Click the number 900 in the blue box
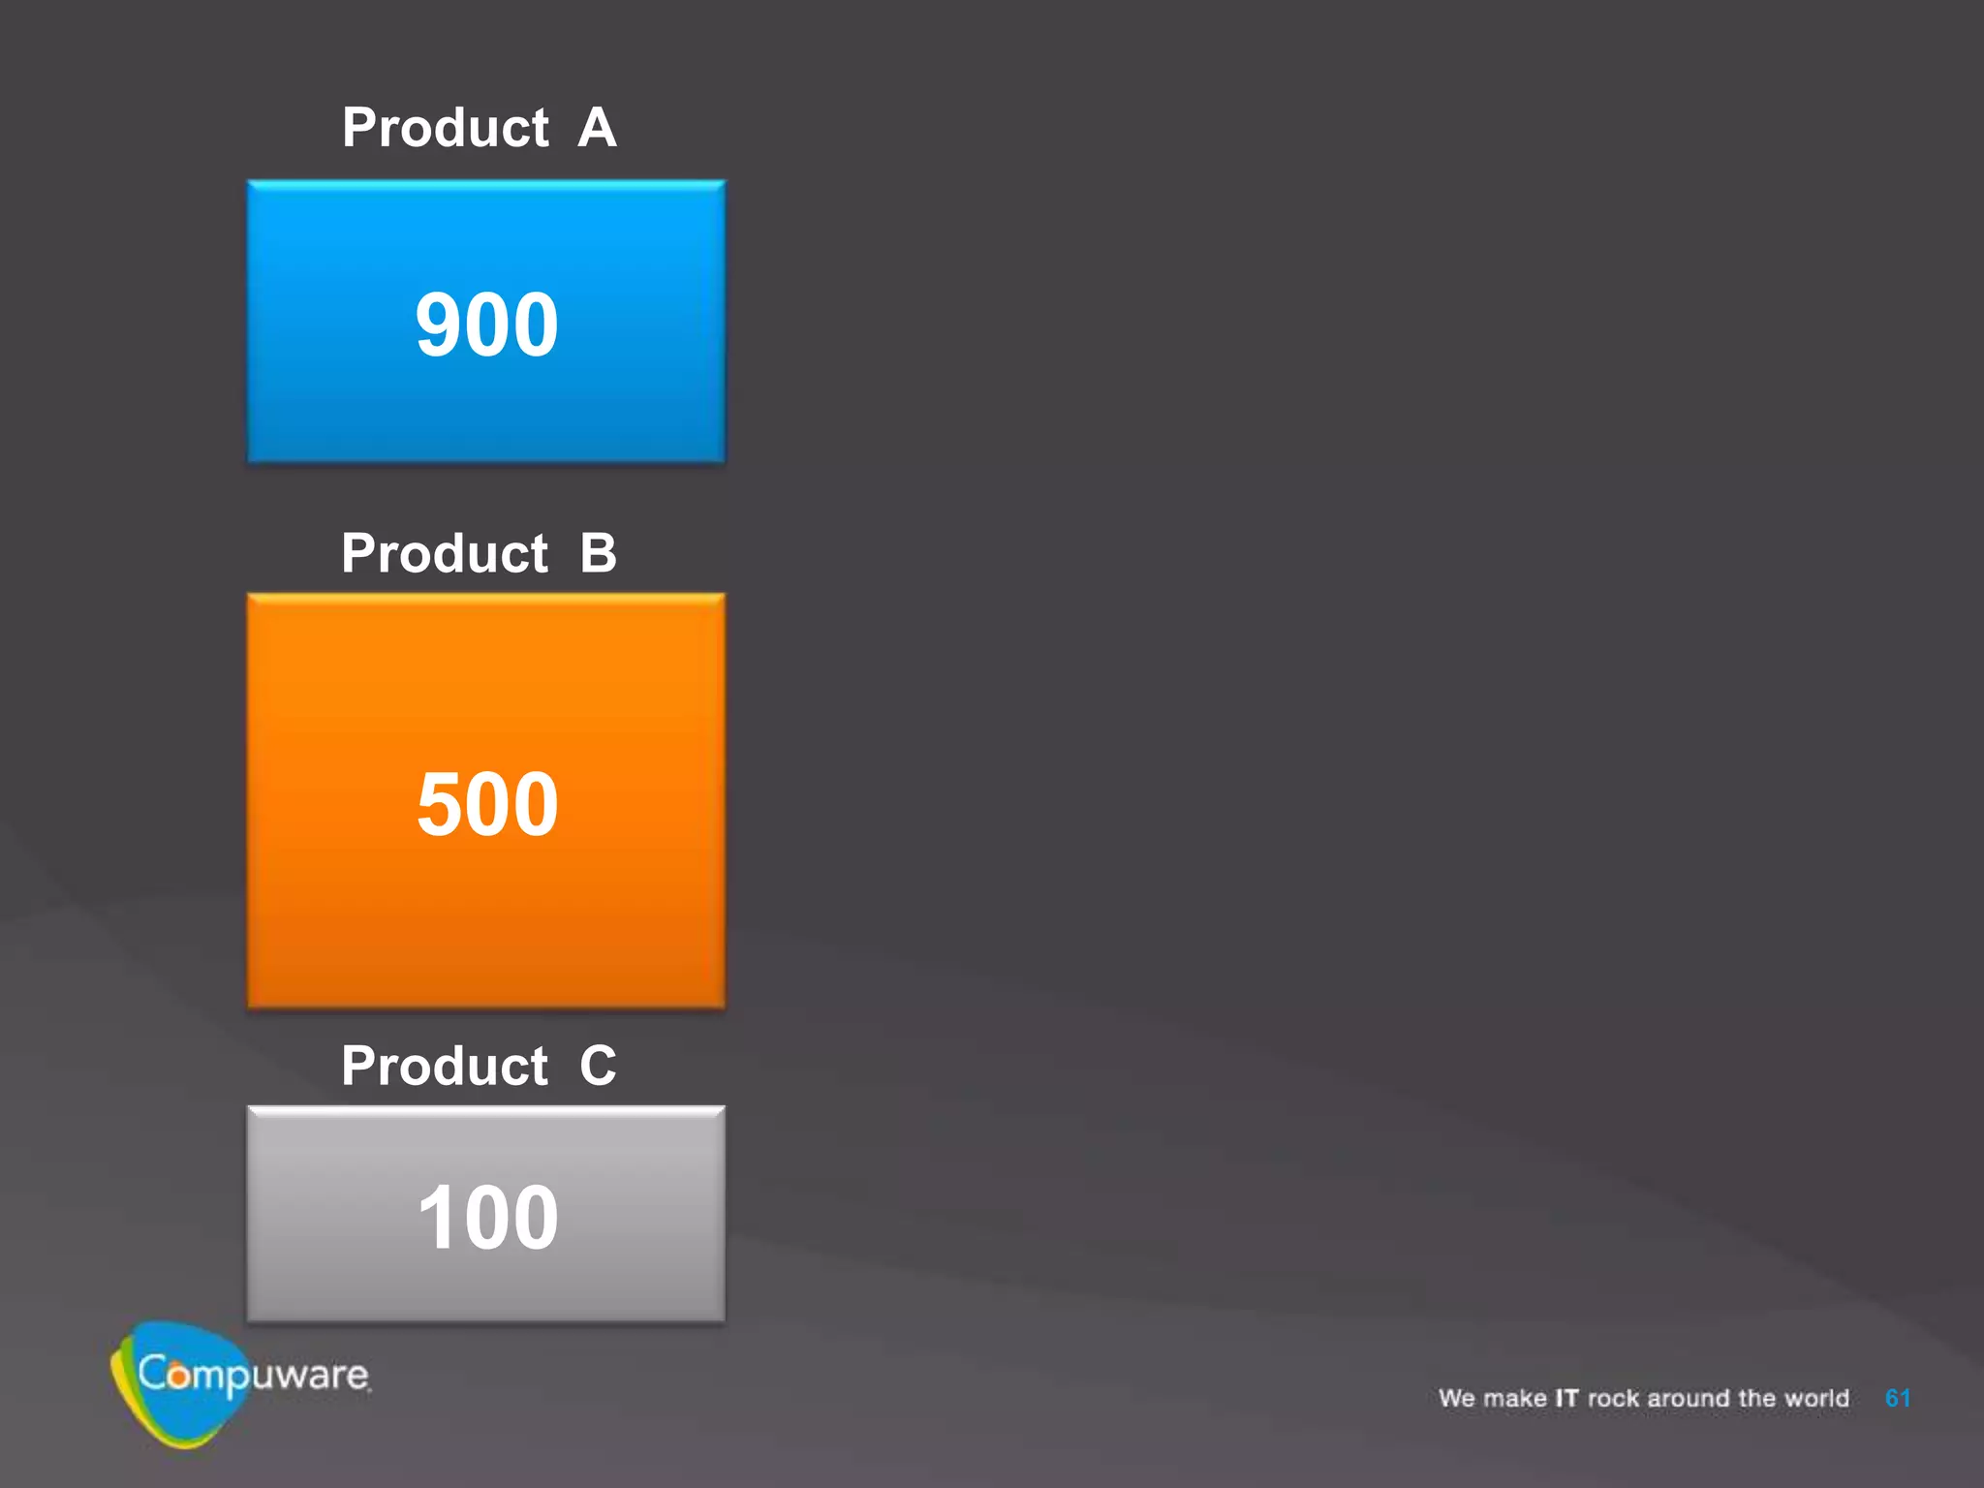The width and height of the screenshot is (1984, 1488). (486, 325)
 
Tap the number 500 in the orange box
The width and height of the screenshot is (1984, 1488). (487, 804)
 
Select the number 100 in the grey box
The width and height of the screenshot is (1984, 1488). (487, 1217)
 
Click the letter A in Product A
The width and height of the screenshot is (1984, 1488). (597, 128)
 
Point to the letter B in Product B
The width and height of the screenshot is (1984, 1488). (598, 553)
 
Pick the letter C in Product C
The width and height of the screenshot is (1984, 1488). (598, 1066)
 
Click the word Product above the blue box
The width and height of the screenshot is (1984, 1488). (446, 128)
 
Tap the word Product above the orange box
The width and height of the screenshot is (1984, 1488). (445, 553)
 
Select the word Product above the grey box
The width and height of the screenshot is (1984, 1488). (445, 1066)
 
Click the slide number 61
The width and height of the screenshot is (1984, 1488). (1897, 1398)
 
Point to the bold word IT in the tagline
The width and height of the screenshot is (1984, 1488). (1566, 1398)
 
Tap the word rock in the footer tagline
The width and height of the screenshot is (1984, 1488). (1613, 1398)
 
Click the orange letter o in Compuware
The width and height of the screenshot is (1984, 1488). (178, 1376)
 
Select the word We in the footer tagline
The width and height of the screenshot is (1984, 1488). (1456, 1398)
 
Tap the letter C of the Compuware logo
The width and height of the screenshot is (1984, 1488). (151, 1372)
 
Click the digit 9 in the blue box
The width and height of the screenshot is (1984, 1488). (438, 325)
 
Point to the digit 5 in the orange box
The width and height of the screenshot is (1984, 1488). (440, 804)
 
